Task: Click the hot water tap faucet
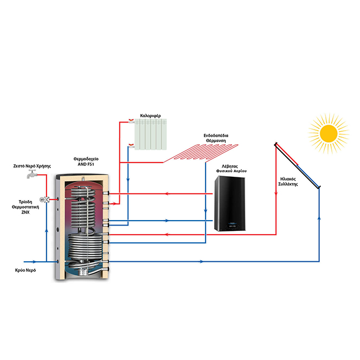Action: pyautogui.click(x=32, y=175)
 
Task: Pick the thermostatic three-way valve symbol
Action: pyautogui.click(x=46, y=199)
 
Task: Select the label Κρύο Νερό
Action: pyautogui.click(x=25, y=269)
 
